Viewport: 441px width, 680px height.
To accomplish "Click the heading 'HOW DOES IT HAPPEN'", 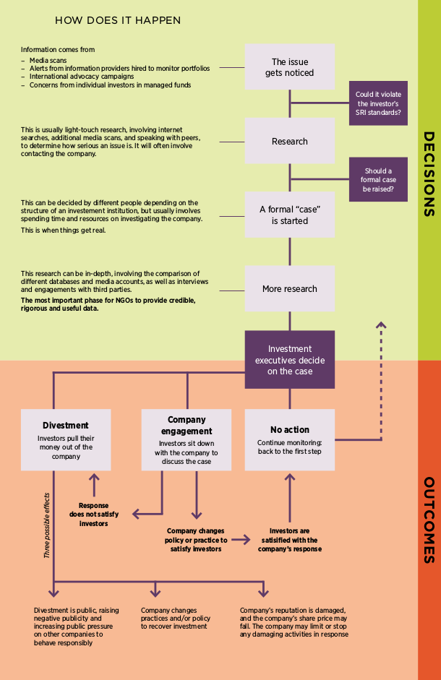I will (118, 20).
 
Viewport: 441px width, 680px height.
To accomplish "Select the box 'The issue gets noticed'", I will (290, 67).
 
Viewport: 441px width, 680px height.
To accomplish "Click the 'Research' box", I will (290, 141).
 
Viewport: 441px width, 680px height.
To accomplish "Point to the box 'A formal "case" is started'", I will (290, 215).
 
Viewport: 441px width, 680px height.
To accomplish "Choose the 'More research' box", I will (290, 289).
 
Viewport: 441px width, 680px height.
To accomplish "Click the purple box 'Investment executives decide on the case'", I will (290, 359).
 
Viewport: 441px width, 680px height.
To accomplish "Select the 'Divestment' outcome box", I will (66, 439).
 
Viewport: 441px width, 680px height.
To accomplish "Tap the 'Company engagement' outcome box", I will (187, 439).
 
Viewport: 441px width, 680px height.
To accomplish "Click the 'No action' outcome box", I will (290, 439).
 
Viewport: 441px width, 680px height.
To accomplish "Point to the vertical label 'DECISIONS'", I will (428, 173).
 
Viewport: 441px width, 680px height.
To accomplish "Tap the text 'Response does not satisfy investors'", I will (93, 514).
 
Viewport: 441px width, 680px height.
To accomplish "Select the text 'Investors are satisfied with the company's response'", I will (289, 539).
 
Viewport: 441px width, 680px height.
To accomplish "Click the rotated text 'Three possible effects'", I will (47, 525).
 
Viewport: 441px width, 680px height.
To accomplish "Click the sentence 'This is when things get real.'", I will (63, 230).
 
